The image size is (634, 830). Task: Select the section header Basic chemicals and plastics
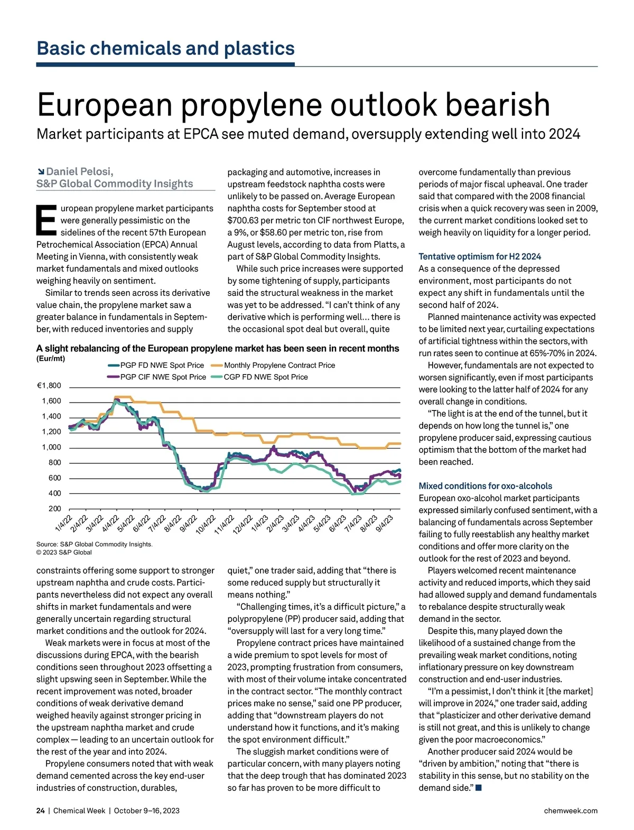[165, 49]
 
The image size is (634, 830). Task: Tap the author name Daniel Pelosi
[79, 172]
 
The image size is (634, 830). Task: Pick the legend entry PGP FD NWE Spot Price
[162, 365]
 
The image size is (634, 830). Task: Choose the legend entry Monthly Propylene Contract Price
[279, 365]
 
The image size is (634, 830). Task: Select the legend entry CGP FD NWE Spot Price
[265, 377]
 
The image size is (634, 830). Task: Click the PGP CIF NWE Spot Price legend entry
[163, 377]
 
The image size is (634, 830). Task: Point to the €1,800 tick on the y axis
[49, 386]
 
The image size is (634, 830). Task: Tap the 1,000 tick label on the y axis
[51, 447]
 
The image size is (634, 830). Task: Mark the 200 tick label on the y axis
[54, 509]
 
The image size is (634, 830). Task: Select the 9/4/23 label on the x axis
[384, 523]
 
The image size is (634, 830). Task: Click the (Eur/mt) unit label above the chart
[51, 359]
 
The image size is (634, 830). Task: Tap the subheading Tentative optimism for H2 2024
[480, 257]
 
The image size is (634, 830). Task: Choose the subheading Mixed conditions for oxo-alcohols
[485, 486]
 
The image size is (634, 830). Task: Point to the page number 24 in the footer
[41, 810]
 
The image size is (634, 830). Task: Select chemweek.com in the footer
[571, 810]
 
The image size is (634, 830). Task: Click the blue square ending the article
[479, 788]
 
